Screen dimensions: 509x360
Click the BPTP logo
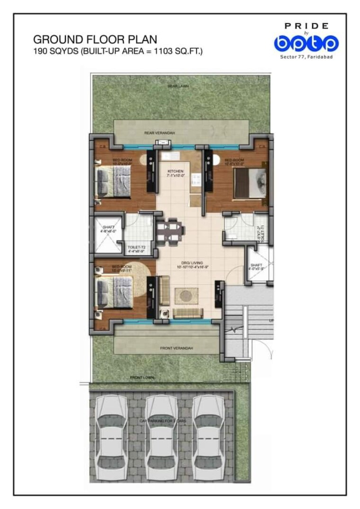(306, 43)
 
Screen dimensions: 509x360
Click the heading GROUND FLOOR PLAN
(95, 39)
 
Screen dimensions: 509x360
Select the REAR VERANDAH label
(160, 133)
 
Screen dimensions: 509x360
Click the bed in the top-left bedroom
(113, 181)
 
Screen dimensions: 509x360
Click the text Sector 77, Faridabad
(306, 56)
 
